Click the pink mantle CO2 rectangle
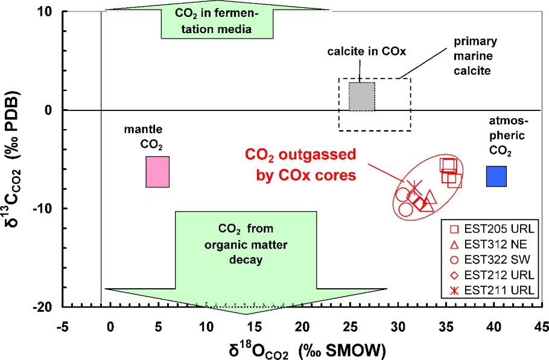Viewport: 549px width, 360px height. tap(157, 172)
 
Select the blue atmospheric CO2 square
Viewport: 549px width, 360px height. tap(497, 176)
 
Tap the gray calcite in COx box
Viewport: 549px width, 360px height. tap(362, 96)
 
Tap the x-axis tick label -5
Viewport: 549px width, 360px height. tap(62, 326)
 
